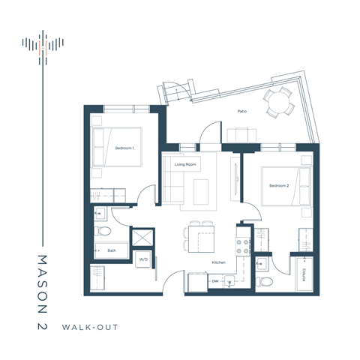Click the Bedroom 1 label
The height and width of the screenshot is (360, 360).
click(124, 148)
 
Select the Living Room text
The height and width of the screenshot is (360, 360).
click(185, 163)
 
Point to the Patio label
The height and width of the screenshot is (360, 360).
click(242, 111)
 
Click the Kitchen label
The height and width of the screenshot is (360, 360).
click(218, 262)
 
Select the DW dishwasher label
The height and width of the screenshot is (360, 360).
click(215, 282)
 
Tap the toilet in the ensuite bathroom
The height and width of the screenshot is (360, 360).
click(262, 282)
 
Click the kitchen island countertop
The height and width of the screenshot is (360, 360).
click(194, 241)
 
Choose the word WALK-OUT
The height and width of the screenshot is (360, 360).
click(91, 328)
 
